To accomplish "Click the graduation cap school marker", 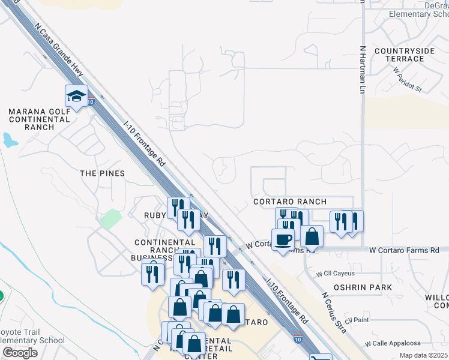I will pos(77,96).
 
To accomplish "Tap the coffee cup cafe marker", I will pos(283,239).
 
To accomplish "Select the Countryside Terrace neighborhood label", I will pos(404,55).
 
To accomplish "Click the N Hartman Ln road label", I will pos(362,70).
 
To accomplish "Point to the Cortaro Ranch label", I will pos(290,202).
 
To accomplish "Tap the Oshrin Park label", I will pos(363,287).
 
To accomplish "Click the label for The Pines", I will pos(103,173).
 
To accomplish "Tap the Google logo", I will pos(20,353).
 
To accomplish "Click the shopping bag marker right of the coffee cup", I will pos(312,236).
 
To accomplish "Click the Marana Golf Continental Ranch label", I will pos(40,119).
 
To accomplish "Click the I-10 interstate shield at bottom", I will pos(298,340).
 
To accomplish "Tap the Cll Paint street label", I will pos(357,319).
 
